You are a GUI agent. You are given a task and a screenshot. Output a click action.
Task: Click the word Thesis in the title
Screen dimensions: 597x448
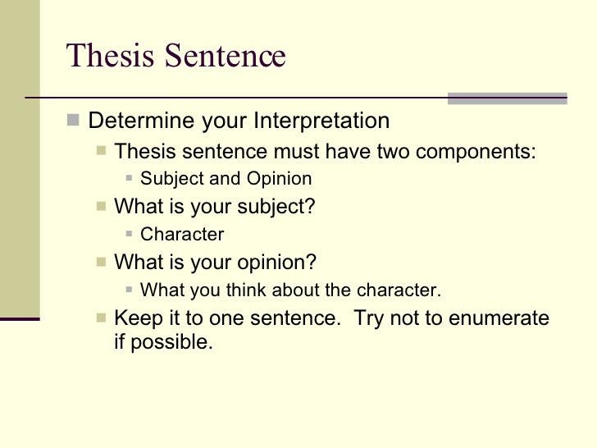[110, 55]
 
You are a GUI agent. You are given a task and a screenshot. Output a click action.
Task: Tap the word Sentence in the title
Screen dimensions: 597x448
[225, 55]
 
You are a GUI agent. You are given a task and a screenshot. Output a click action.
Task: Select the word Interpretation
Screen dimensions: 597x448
[321, 121]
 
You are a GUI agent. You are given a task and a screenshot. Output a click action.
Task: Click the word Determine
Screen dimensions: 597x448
[142, 121]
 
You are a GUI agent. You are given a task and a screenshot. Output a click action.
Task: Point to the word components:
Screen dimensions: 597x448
[476, 152]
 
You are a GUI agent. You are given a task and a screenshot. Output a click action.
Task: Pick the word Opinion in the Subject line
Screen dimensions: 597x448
[279, 178]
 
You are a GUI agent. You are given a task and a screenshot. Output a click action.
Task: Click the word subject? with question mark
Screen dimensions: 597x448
[276, 207]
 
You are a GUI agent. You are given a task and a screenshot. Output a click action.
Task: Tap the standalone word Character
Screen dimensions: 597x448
[182, 234]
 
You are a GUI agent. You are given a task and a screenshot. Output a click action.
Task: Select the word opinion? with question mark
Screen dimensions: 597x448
[277, 263]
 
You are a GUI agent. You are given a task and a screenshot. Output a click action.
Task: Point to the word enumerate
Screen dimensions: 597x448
[499, 318]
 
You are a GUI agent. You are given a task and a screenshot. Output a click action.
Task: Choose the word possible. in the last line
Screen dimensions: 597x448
[171, 342]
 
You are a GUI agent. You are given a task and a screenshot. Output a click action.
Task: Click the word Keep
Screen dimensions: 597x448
[139, 318]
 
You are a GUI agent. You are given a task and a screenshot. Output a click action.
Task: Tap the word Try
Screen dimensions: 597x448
[369, 318]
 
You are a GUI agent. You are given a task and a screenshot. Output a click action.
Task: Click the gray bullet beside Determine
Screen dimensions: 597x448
[73, 120]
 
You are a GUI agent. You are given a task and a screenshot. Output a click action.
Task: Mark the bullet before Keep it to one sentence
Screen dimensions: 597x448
[101, 318]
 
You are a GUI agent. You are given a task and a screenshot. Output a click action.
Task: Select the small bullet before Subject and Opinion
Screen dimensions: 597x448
[129, 177]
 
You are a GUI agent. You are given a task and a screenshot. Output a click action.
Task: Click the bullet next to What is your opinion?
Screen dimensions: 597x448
[101, 262]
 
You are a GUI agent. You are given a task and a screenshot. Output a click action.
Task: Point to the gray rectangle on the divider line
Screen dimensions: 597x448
[507, 98]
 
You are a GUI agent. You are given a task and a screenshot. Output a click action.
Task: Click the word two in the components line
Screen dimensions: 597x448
[394, 152]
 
